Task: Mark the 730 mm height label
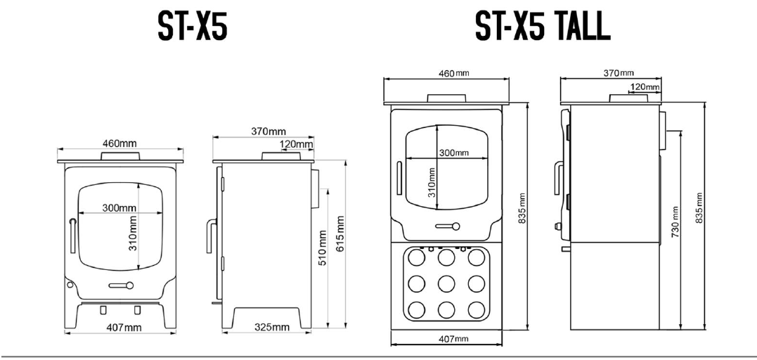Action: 675,221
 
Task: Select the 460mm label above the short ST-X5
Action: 120,143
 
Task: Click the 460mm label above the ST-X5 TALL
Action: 446,74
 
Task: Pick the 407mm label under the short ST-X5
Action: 123,328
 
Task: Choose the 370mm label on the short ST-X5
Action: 268,131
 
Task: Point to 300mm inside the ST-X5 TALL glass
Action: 453,153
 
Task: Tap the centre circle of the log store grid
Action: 446,283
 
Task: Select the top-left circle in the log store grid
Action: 415,258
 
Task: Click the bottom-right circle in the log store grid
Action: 476,309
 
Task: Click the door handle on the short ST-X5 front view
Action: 72,236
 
